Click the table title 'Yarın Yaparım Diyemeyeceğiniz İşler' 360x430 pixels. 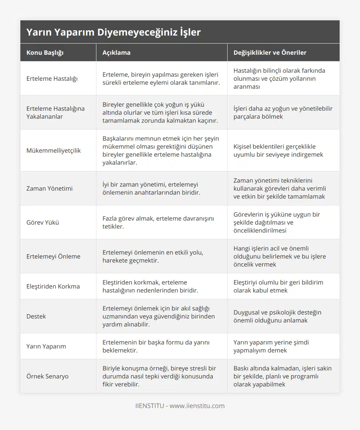point(114,32)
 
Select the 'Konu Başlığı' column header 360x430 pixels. point(45,53)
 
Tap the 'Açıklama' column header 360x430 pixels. point(116,53)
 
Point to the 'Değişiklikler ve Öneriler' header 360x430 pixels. point(270,53)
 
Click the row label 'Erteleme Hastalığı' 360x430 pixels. point(52,79)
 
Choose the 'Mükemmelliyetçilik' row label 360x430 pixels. point(54,151)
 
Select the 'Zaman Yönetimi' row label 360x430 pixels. point(50,189)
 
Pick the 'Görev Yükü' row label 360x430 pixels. point(43,223)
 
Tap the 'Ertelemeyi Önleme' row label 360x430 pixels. point(53,257)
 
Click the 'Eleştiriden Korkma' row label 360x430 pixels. point(53,287)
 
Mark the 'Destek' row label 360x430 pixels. point(36,317)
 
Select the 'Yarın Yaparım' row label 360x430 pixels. point(46,346)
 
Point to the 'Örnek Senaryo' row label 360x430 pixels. point(48,376)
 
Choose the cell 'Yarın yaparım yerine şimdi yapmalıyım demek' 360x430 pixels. point(271,346)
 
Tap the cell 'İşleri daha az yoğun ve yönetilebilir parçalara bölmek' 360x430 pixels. point(283,113)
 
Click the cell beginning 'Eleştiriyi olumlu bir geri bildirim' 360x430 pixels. point(278,287)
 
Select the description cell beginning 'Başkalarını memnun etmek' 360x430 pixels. point(161,151)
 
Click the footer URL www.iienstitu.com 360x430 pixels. point(197,406)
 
